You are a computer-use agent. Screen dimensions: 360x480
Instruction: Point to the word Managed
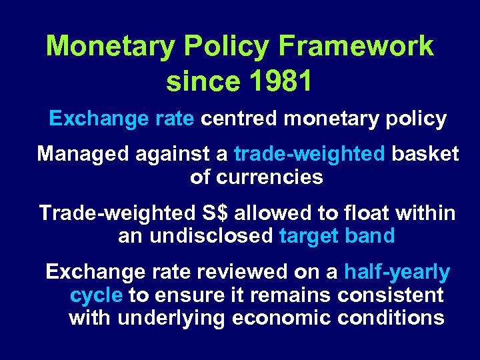[84, 154]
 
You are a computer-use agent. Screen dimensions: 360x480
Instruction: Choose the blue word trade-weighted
[309, 154]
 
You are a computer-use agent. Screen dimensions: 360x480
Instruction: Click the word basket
[425, 154]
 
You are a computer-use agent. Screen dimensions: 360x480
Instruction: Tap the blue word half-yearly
[397, 272]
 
